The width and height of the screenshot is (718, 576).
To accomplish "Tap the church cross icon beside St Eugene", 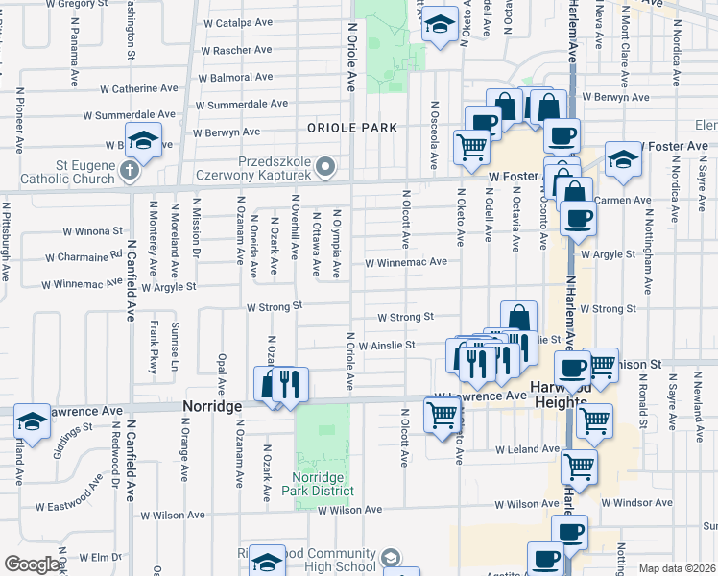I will (x=131, y=173).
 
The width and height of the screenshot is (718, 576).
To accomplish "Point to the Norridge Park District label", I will (x=317, y=483).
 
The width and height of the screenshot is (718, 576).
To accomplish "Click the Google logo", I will (x=32, y=564).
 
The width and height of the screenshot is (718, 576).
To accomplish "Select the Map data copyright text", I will (x=678, y=568).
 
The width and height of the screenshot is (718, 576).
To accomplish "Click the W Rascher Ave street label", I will (x=238, y=50).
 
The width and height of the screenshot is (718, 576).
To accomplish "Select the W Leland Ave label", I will (x=527, y=448).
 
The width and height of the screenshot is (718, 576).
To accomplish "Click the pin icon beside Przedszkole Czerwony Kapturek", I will (x=325, y=168).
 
